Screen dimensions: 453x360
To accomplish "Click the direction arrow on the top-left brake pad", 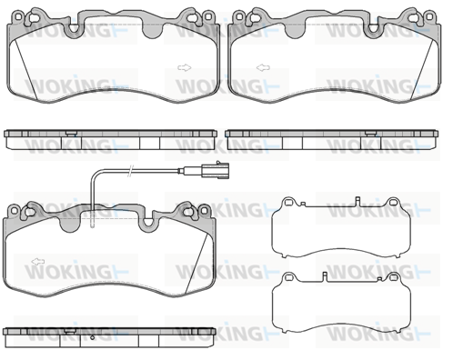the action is pos(184,67).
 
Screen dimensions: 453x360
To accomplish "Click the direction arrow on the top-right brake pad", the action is pos(263,67).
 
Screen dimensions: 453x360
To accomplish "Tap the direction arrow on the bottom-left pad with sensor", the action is pos(38,261).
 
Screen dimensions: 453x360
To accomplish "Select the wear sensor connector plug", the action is pos(216,170).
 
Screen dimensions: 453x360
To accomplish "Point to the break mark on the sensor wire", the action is pos(130,171).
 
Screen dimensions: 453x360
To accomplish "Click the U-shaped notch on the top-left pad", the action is pos(74,29).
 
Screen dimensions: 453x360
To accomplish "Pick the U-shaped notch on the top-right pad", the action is pos(373,29).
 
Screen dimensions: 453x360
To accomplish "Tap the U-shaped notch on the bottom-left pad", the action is pos(147,223).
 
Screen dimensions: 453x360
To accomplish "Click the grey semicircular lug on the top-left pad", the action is pos(153,31).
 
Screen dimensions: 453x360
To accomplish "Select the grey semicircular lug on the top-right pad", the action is pos(294,31).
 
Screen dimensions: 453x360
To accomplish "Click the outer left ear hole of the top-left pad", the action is pos(19,15).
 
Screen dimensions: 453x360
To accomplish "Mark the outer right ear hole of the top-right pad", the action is pos(429,15).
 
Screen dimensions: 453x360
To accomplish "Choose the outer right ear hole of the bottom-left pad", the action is pos(205,209).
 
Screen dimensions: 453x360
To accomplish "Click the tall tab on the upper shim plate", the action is pos(357,202).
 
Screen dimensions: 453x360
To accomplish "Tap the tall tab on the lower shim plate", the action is pos(325,276).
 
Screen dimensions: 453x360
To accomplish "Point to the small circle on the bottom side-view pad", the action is pos(93,337).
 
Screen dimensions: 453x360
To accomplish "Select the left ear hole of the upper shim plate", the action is pos(289,202).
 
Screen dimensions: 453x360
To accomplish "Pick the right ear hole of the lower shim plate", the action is pos(393,276).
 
